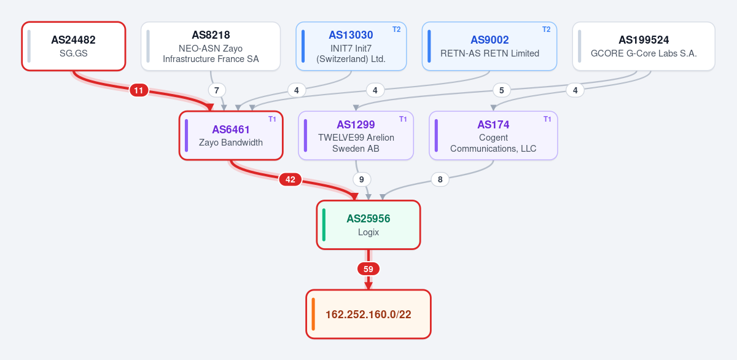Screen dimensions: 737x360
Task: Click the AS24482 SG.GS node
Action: (x=74, y=46)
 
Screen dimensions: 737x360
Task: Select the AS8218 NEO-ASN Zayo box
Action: (x=211, y=46)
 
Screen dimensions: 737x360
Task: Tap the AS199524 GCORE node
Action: (x=644, y=46)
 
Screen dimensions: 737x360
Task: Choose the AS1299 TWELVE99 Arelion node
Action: (x=356, y=136)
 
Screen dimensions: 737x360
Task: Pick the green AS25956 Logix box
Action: (x=368, y=225)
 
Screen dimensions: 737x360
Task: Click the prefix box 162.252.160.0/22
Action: (x=368, y=315)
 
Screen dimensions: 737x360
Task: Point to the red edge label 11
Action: (x=139, y=90)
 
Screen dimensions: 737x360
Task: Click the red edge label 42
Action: (x=290, y=179)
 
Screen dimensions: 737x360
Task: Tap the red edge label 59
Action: (x=368, y=269)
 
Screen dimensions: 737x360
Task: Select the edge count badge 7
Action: (x=216, y=90)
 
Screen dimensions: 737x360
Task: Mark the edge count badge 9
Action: (x=362, y=179)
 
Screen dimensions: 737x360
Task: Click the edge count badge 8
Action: (x=440, y=179)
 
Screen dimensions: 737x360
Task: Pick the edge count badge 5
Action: (x=501, y=90)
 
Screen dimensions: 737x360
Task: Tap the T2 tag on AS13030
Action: (x=397, y=29)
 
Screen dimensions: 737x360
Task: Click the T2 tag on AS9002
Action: (x=546, y=29)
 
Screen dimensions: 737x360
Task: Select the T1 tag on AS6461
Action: (x=272, y=119)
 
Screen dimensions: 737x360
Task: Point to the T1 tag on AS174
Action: (x=547, y=119)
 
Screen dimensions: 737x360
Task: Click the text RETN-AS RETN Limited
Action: (x=489, y=53)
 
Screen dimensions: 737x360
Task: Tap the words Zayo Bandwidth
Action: (x=231, y=143)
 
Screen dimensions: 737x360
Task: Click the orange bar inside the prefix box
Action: (x=313, y=315)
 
